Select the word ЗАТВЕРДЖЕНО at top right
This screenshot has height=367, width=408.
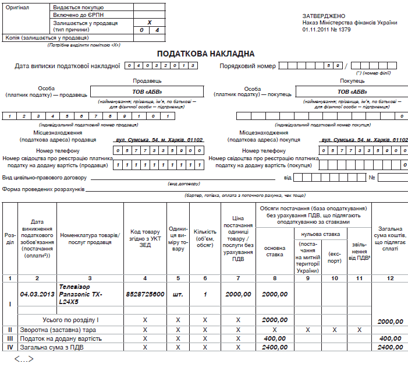pos(324,15)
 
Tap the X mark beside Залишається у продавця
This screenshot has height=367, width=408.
pos(150,22)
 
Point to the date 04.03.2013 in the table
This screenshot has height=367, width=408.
pos(38,294)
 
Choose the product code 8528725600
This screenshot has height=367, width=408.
pos(145,294)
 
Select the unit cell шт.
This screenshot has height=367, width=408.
pos(178,294)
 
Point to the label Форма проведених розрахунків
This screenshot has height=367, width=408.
pos(44,189)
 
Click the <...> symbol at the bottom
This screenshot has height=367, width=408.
pos(23,358)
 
